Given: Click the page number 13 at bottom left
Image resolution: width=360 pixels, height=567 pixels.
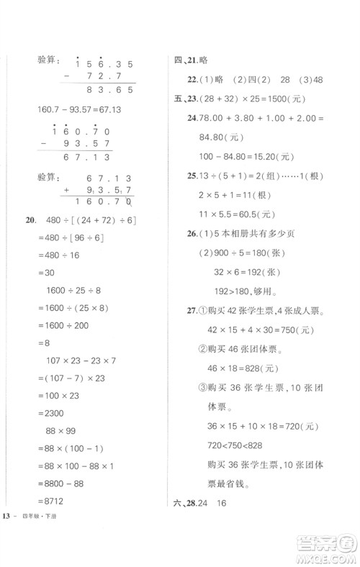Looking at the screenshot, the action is (7, 516).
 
